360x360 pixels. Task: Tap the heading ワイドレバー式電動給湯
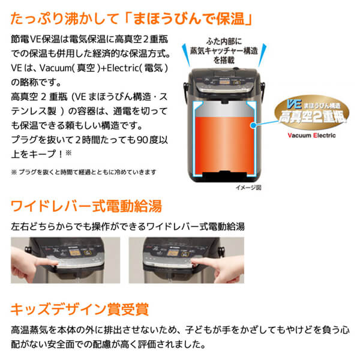coord(86,207)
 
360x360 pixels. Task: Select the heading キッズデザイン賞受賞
coord(77,310)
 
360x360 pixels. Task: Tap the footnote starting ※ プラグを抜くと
coord(84,172)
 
